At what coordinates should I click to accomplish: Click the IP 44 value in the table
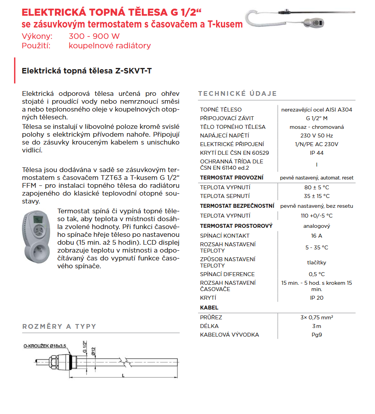(x=317, y=153)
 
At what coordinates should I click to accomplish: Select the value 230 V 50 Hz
(x=317, y=136)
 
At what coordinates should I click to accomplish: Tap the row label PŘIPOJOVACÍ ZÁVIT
(x=227, y=118)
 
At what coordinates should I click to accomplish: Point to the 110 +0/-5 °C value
(x=317, y=216)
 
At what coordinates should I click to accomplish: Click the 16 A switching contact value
(x=317, y=236)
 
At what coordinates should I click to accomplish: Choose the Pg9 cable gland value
(x=317, y=335)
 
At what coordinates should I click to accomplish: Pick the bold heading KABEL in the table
(x=209, y=308)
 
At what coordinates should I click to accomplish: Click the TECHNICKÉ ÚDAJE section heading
(x=237, y=93)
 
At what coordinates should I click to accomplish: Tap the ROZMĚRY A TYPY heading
(x=59, y=326)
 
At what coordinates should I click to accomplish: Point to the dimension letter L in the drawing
(x=123, y=376)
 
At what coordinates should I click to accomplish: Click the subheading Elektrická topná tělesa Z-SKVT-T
(x=87, y=71)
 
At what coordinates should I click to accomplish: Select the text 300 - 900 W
(x=94, y=37)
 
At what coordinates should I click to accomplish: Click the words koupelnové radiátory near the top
(x=109, y=46)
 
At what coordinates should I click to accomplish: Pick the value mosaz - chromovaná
(x=317, y=127)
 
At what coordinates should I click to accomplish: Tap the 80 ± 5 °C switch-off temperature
(x=317, y=187)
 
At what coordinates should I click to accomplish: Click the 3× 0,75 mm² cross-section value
(x=317, y=317)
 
